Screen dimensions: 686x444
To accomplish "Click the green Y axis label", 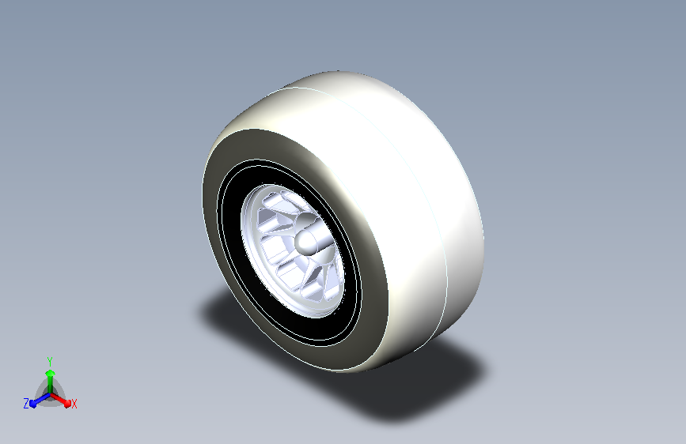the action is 49,361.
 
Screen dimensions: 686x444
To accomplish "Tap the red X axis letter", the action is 74,404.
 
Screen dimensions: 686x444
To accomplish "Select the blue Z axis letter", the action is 26,404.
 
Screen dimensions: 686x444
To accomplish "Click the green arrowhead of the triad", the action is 51,373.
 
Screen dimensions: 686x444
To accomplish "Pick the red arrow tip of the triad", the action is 67,404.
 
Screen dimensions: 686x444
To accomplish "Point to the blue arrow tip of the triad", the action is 32,404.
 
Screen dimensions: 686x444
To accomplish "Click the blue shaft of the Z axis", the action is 43,398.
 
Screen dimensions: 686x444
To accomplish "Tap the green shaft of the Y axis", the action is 51,385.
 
